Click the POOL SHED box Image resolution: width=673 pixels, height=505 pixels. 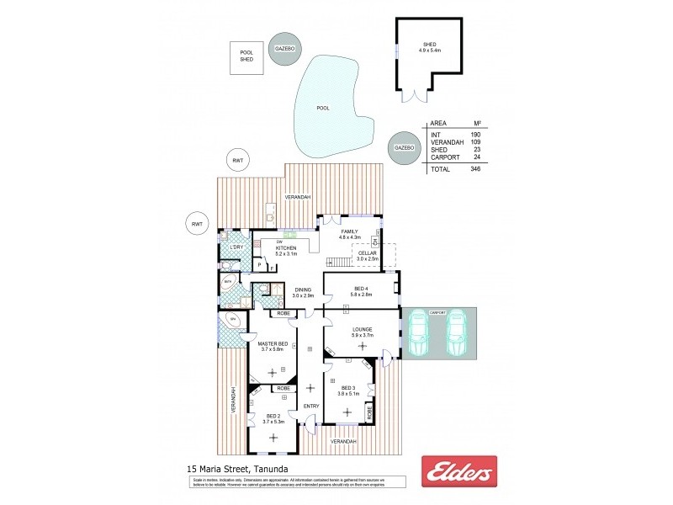point(246,56)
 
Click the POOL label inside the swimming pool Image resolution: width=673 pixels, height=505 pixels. point(323,108)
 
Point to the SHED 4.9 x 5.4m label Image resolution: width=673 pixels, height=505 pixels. point(429,47)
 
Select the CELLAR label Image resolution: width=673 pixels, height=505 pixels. point(368,255)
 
